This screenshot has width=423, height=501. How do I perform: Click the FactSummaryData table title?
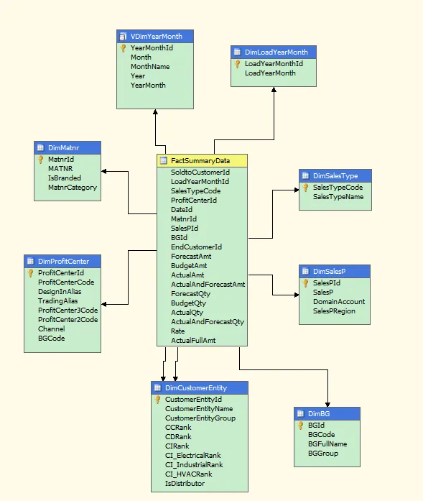pos(200,161)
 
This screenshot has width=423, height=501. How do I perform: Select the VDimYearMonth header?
pos(155,37)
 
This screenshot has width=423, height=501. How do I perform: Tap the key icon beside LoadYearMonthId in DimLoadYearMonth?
pos(237,64)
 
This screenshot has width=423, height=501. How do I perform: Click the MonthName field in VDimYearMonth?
pos(150,66)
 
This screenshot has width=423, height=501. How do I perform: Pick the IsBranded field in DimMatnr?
pos(65,178)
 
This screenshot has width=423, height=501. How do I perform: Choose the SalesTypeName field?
pos(338,197)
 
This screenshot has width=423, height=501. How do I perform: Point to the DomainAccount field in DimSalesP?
pos(339,302)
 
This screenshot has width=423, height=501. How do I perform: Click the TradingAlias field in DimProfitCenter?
pos(57,301)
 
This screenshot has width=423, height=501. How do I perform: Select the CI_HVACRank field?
pos(188,474)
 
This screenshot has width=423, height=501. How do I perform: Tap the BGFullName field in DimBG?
pos(327,444)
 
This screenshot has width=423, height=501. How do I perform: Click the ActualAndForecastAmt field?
pos(208,285)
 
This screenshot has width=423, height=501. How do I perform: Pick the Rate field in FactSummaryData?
pos(177,331)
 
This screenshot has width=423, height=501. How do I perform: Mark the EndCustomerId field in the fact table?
pos(196,247)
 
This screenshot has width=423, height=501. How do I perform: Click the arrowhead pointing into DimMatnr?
pos(103,172)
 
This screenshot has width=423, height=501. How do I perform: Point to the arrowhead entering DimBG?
pos(327,405)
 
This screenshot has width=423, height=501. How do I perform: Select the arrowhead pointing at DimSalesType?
pos(297,190)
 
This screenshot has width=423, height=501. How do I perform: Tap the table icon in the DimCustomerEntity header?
pos(157,387)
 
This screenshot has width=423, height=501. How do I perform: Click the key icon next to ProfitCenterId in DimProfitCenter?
pos(30,273)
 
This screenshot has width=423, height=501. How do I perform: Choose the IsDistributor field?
pos(185,484)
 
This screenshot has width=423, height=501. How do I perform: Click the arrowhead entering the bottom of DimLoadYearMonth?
pos(274,89)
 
